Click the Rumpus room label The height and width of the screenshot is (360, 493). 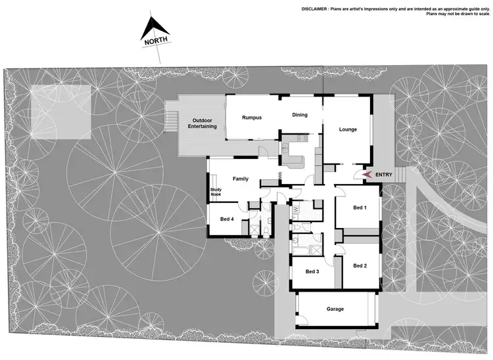(x=252, y=118)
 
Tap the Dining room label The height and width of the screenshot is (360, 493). (x=300, y=115)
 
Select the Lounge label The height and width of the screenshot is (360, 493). (x=348, y=129)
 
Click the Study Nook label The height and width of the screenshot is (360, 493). (x=216, y=192)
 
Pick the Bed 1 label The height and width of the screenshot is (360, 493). (x=359, y=208)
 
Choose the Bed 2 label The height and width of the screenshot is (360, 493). (x=360, y=265)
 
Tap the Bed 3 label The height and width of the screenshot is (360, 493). (x=312, y=271)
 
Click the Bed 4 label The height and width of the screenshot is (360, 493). (x=227, y=219)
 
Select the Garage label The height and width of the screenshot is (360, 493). (x=335, y=309)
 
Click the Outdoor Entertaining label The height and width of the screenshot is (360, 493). (x=204, y=124)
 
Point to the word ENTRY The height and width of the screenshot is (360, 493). (x=384, y=174)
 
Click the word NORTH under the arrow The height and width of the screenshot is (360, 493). (x=156, y=41)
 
